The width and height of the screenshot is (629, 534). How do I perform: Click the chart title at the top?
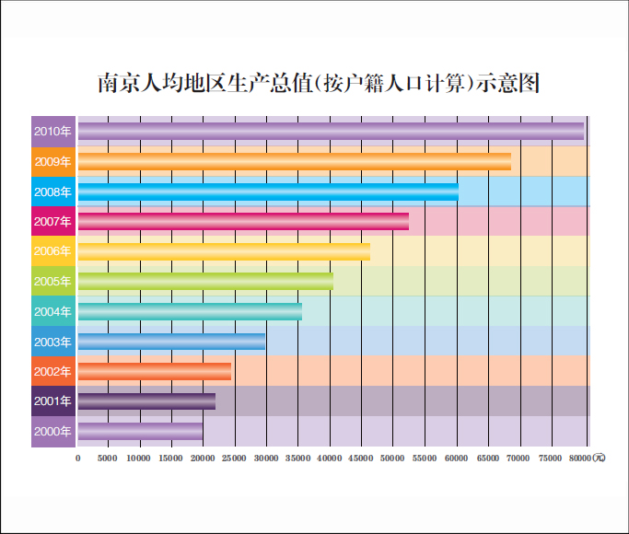318,84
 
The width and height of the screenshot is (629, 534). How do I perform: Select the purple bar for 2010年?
330,132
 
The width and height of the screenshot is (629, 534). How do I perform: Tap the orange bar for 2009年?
294,162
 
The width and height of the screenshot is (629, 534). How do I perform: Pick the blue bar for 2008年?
267,192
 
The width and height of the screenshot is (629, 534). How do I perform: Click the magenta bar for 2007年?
243,221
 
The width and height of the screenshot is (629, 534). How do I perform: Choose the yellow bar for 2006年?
224,251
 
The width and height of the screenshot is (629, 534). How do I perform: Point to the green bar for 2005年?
205,281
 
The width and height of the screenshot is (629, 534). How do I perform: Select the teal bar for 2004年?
190,311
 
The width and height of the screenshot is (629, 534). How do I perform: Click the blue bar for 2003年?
171,342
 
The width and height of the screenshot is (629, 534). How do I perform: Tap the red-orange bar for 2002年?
155,371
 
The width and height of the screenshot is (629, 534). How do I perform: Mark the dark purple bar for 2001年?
146,401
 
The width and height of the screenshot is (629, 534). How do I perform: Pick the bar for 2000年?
140,431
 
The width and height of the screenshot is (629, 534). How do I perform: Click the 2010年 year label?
52,132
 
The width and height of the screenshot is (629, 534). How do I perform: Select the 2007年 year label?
52,222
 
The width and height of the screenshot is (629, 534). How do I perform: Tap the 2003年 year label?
52,342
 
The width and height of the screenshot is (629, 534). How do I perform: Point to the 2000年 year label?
52,431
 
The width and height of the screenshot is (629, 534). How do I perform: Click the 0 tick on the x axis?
78,458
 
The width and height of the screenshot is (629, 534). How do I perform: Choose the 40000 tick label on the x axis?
330,458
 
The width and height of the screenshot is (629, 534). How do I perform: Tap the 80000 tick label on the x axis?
580,458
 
